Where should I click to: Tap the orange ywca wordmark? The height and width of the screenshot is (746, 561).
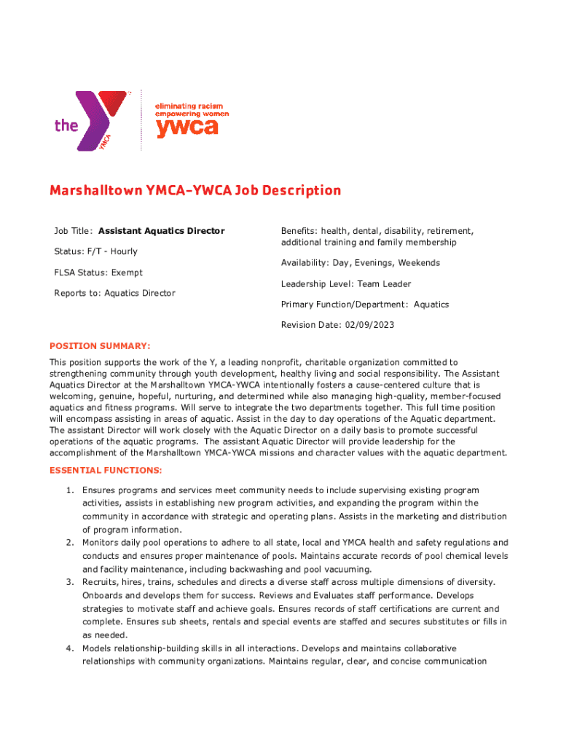187,127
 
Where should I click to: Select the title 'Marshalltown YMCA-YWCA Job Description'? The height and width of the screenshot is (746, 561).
195,191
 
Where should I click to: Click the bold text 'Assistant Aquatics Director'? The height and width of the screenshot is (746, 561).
162,231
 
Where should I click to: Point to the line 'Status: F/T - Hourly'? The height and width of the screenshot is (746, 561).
95,251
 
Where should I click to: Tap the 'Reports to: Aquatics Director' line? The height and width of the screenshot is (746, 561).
114,293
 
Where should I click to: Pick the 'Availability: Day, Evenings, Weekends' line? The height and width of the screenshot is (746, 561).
360,263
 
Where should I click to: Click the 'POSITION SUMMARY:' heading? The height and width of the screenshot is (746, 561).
100,346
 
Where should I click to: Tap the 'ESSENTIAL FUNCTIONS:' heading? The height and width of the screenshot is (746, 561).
106,471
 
